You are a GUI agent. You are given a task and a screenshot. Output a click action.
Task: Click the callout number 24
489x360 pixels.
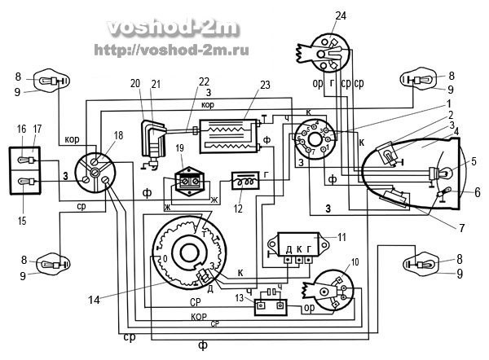click(340, 15)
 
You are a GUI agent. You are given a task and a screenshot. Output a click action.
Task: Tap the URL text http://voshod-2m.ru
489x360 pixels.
click(171, 50)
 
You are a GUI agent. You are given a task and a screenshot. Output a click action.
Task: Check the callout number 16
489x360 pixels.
click(20, 129)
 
